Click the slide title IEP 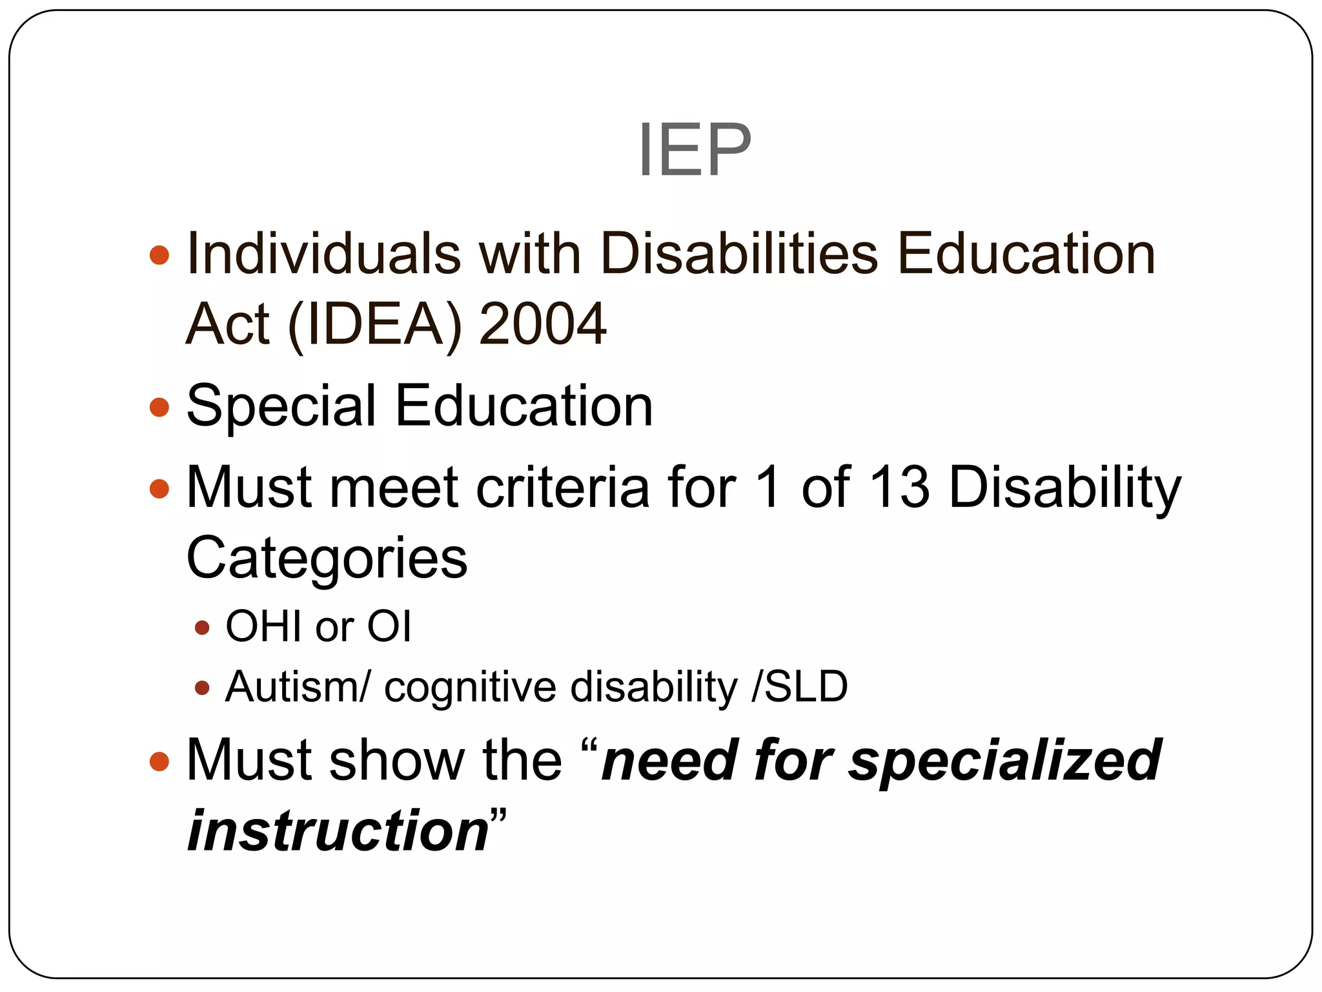[x=695, y=150]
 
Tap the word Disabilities [x=738, y=254]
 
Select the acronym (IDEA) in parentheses [x=375, y=324]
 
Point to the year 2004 [x=543, y=324]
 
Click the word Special [x=281, y=407]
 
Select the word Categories [x=327, y=559]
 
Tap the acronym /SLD [x=800, y=687]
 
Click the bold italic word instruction [x=338, y=831]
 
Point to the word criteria [x=562, y=488]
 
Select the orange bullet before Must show [x=159, y=761]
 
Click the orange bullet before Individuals [x=159, y=254]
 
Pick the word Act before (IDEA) [x=227, y=324]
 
